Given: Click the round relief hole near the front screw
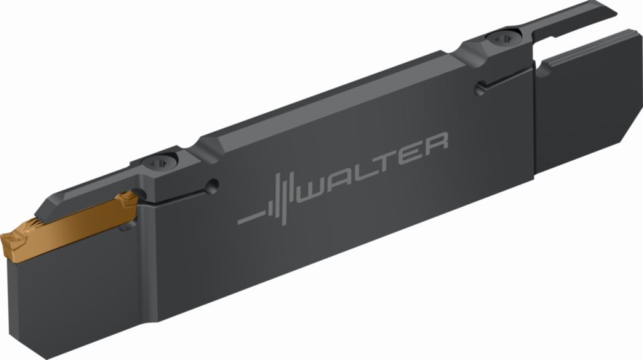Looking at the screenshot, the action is pos(212,186).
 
